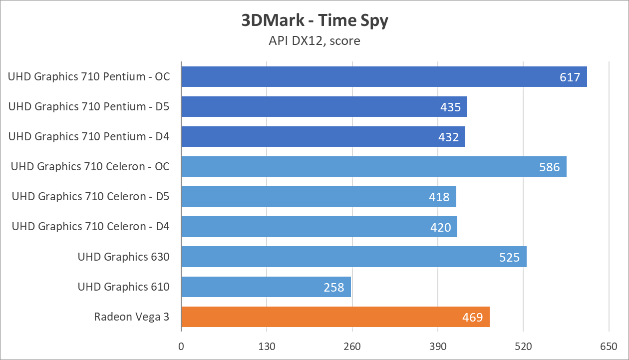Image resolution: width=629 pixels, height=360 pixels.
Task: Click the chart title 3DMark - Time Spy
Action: (x=314, y=21)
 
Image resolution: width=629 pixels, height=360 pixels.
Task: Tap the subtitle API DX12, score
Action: (x=314, y=40)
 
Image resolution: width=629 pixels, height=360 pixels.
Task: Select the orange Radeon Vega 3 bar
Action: (x=335, y=317)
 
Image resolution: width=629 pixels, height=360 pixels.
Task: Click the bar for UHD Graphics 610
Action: (x=266, y=287)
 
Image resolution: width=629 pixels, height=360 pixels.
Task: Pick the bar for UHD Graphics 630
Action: (x=353, y=257)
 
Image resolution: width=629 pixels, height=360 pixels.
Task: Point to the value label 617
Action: (x=570, y=77)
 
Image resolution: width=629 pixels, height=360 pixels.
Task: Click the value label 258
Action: (x=334, y=287)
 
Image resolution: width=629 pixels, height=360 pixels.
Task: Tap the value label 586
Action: (x=550, y=167)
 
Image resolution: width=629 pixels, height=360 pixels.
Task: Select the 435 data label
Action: (x=450, y=107)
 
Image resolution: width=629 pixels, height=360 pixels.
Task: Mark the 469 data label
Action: (x=473, y=317)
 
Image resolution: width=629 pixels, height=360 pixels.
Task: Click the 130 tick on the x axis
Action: (x=267, y=347)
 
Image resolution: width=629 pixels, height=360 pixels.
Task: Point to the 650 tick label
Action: (x=609, y=347)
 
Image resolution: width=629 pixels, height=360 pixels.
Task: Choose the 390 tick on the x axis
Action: (x=438, y=347)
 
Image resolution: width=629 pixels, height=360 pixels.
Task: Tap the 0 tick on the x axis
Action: (x=181, y=347)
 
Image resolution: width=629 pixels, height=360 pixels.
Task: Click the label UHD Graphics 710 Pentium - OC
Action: (x=89, y=77)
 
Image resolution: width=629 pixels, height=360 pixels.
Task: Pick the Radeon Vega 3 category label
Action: (x=132, y=317)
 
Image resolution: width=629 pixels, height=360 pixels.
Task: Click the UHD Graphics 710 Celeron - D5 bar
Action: (x=318, y=197)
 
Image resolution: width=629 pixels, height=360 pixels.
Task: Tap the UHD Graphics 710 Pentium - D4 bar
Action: (x=323, y=137)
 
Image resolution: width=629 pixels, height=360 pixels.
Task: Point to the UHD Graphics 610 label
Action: (x=124, y=287)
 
